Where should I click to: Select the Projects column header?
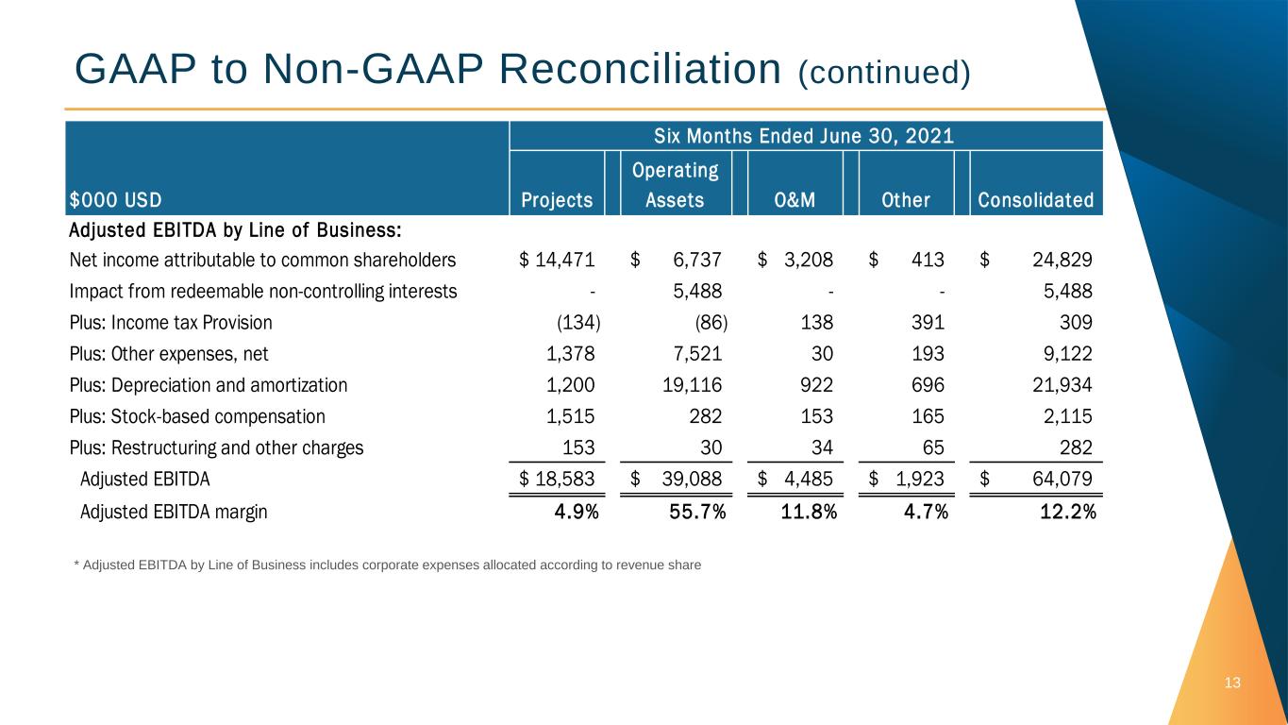(557, 200)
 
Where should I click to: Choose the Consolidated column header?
(1035, 200)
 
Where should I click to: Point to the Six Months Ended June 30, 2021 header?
(805, 136)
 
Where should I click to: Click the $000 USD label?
(115, 200)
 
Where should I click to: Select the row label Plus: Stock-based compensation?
(197, 416)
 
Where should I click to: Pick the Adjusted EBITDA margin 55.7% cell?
(696, 513)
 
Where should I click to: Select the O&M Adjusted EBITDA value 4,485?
(808, 479)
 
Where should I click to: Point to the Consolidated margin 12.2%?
(1062, 513)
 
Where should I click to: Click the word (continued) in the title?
(884, 73)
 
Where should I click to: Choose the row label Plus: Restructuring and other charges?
(216, 447)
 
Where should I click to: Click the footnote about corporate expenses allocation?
(387, 565)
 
